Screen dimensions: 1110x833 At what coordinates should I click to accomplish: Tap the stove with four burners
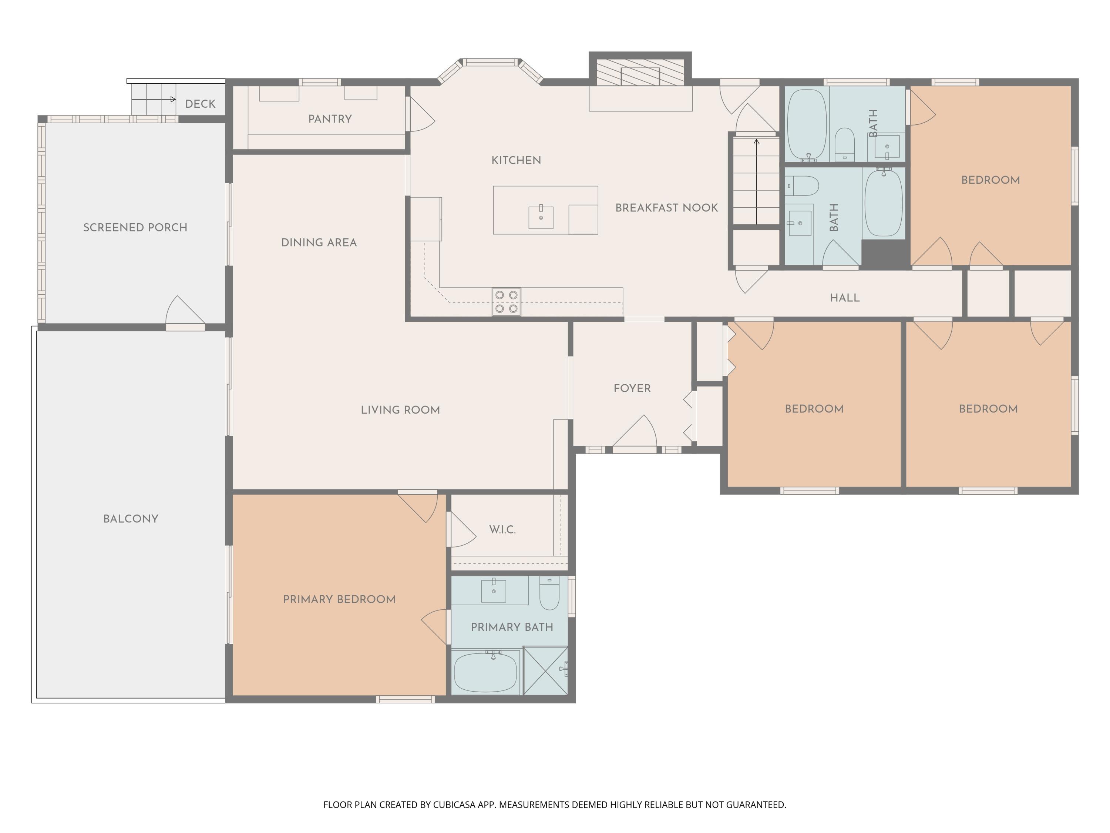[506, 302]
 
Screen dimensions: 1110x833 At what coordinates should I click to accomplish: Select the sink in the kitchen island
[541, 217]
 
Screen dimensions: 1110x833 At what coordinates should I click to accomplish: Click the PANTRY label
[330, 119]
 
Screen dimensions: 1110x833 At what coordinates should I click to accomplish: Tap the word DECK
[200, 104]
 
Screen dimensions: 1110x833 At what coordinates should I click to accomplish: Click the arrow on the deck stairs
[154, 100]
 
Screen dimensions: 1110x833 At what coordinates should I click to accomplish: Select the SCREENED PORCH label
[135, 227]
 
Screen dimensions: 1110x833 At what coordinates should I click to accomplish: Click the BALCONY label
[131, 519]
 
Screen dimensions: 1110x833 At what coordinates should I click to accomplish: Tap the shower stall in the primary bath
[545, 671]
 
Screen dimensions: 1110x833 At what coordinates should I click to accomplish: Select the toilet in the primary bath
[549, 593]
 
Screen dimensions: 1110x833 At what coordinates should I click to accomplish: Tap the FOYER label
[632, 388]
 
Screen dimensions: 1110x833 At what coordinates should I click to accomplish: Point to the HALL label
[845, 298]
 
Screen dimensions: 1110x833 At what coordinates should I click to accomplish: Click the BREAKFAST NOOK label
[666, 208]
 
